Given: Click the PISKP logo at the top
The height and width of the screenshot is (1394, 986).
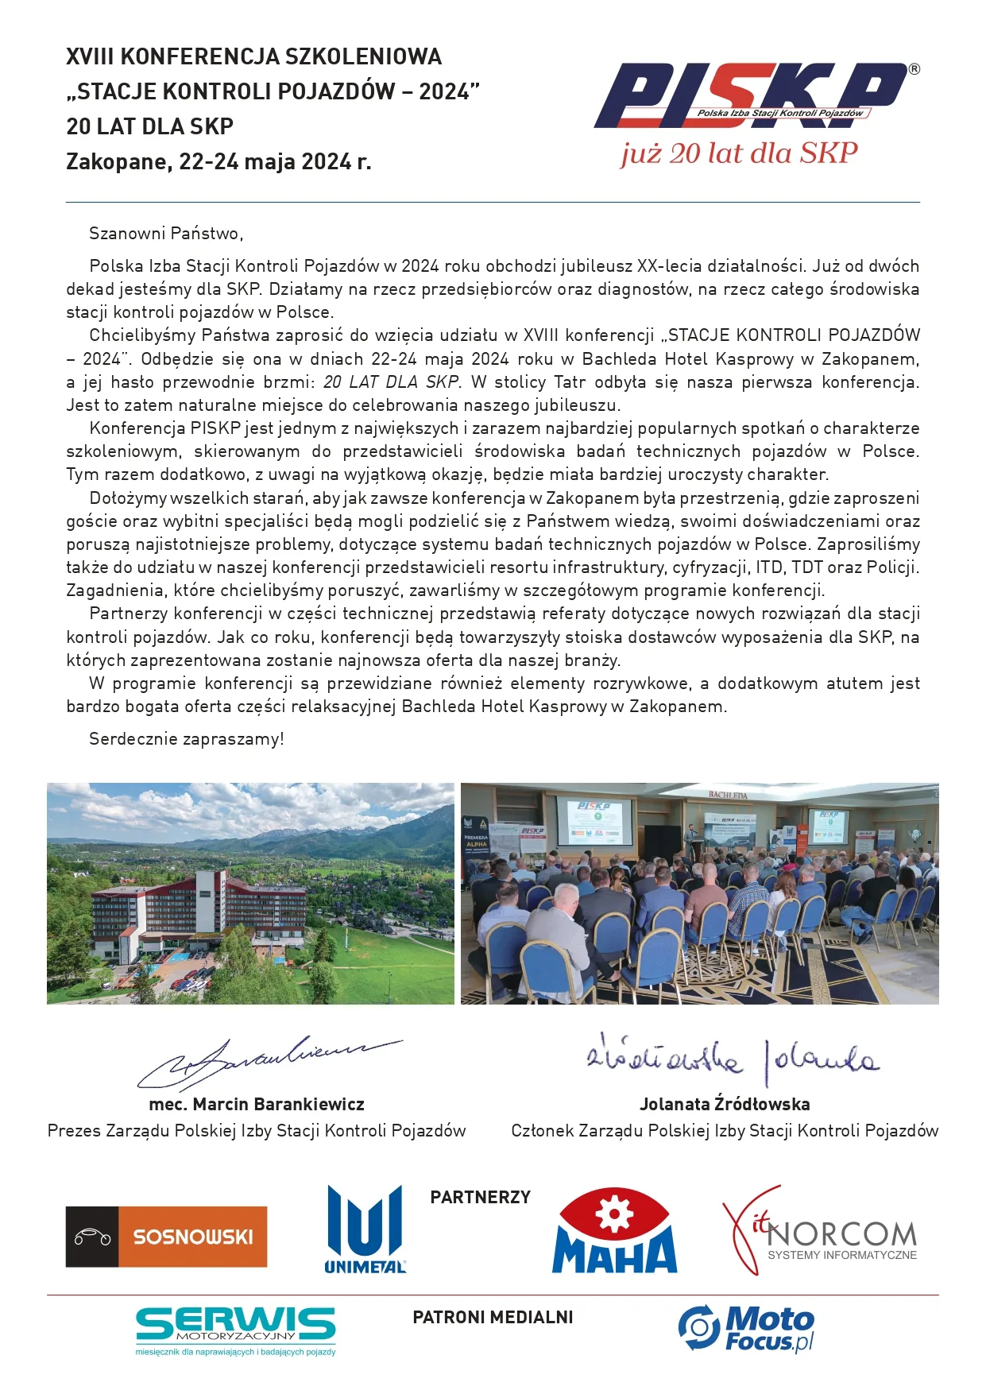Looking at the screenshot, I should click(x=751, y=95).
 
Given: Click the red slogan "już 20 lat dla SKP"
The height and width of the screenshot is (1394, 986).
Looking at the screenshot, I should click(x=739, y=153).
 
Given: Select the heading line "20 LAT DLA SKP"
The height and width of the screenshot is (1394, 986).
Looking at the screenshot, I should click(x=149, y=126).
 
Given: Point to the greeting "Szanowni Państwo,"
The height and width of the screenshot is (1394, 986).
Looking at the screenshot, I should click(x=166, y=234).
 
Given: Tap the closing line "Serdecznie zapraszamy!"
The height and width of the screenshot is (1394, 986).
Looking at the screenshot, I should click(x=186, y=739).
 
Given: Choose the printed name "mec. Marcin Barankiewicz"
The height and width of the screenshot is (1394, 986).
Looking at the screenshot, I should click(x=257, y=1104).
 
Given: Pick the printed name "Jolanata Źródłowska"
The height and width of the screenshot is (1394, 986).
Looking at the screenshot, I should click(x=725, y=1104).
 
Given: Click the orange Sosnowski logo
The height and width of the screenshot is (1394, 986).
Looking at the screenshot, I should click(x=167, y=1237).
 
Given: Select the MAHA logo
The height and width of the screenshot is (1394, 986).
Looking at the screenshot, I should click(x=614, y=1232).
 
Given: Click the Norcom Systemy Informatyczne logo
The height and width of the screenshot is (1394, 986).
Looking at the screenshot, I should click(x=820, y=1232).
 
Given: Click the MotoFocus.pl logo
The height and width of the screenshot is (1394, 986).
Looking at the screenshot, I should click(x=747, y=1328).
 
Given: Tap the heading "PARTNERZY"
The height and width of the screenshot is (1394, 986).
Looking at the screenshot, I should click(x=480, y=1198).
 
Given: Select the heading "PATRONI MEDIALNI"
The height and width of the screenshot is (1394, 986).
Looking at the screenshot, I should click(x=493, y=1317).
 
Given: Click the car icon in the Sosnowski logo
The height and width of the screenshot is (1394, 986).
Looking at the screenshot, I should click(x=92, y=1237).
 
